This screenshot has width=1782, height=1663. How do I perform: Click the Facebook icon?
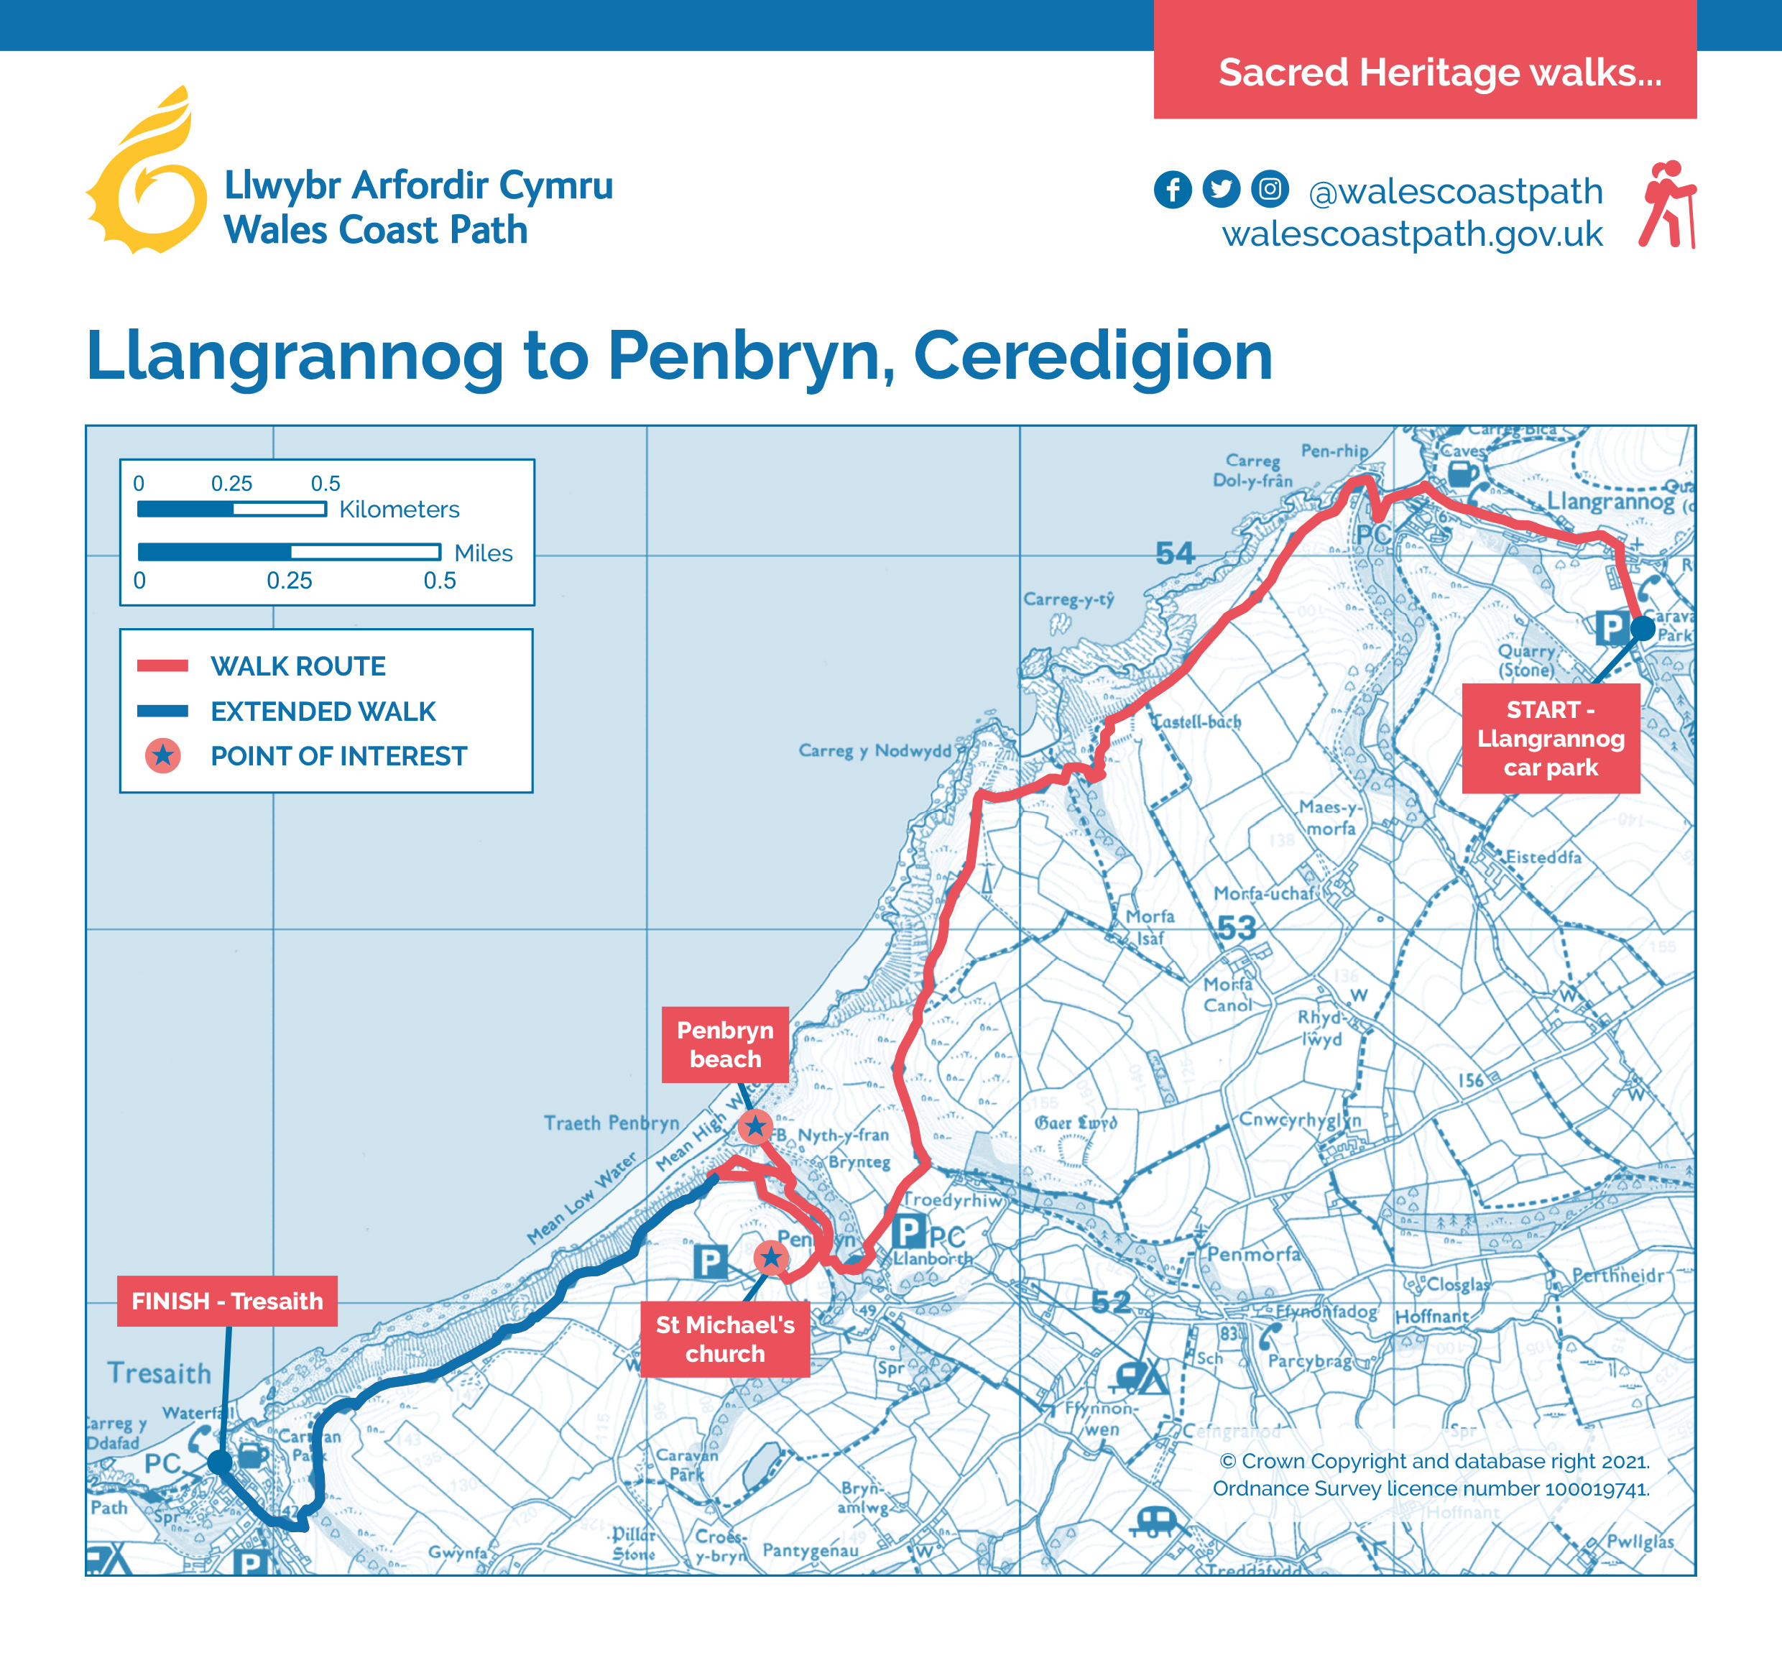[x=1173, y=189]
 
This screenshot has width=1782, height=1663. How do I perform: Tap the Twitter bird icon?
[x=1221, y=189]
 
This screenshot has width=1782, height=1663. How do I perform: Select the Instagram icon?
[x=1269, y=189]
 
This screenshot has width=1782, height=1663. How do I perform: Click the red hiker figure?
[x=1667, y=204]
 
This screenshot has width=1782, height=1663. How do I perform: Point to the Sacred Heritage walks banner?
[x=1426, y=72]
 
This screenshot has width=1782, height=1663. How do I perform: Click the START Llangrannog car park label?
[x=1550, y=738]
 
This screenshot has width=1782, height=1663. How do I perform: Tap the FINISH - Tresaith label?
[x=227, y=1300]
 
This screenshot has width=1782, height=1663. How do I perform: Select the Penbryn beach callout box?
[x=724, y=1044]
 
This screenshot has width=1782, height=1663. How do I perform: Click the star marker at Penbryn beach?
[x=756, y=1126]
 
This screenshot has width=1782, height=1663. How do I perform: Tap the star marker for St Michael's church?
[x=771, y=1258]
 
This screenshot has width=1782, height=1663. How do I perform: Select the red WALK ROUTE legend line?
[x=162, y=665]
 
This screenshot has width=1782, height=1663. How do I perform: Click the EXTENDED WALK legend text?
[x=323, y=711]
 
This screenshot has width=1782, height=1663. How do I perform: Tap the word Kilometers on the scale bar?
[x=399, y=510]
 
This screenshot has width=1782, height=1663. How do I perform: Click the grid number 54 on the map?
[x=1174, y=553]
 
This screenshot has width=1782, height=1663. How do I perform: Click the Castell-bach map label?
[x=1196, y=722]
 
